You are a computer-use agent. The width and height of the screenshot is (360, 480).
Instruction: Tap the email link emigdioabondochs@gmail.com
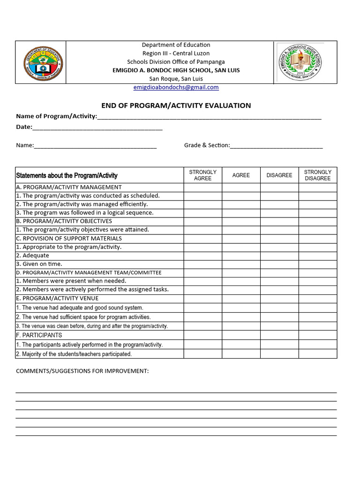tap(176, 87)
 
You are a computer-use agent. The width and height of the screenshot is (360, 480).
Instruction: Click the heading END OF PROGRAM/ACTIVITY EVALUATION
tap(176, 105)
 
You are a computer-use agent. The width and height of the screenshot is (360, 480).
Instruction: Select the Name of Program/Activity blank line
tap(209, 116)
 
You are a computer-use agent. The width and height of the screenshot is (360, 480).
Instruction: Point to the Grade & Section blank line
tap(276, 145)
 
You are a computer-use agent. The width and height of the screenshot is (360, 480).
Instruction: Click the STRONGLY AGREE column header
tap(202, 175)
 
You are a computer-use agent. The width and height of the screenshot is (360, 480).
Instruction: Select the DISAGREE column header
tap(279, 175)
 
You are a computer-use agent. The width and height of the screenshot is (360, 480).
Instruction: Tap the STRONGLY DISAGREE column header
tap(317, 175)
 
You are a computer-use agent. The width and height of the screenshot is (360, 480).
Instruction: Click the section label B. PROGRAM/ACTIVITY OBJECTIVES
tap(64, 221)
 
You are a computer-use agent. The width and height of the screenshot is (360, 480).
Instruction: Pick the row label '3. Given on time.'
tap(39, 264)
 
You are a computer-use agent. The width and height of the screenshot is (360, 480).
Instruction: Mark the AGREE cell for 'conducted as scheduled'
tap(241, 196)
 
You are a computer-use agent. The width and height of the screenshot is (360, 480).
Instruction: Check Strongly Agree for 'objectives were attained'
tap(202, 230)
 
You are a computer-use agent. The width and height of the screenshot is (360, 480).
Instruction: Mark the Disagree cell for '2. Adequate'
tap(279, 255)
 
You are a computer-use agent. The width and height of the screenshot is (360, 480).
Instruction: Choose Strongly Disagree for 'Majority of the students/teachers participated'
tap(317, 354)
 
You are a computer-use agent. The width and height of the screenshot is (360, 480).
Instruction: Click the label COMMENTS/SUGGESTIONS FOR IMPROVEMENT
tap(82, 371)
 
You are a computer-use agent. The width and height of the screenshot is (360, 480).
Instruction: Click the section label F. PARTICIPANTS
tap(39, 335)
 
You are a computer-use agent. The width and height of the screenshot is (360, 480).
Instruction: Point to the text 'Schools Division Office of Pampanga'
tap(176, 62)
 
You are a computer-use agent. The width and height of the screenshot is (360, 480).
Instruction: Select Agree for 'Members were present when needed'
tap(241, 281)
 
